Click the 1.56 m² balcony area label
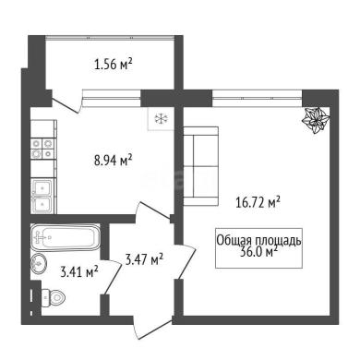[x=114, y=65]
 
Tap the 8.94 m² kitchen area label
[x=114, y=160]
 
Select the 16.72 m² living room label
[x=258, y=202]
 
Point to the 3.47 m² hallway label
[x=144, y=259]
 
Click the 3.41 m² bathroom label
[x=79, y=271]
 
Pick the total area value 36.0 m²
[x=258, y=252]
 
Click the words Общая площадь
[x=258, y=241]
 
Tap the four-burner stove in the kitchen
[x=43, y=149]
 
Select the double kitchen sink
[x=42, y=196]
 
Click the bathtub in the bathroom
[x=66, y=237]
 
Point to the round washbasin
[x=39, y=263]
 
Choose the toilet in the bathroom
[x=53, y=297]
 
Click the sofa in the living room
[x=200, y=166]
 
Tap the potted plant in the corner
[x=316, y=120]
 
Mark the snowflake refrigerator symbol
[x=161, y=118]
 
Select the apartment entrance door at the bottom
[x=152, y=330]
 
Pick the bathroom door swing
[x=113, y=276]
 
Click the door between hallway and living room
[x=186, y=262]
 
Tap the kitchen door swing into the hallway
[x=153, y=211]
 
